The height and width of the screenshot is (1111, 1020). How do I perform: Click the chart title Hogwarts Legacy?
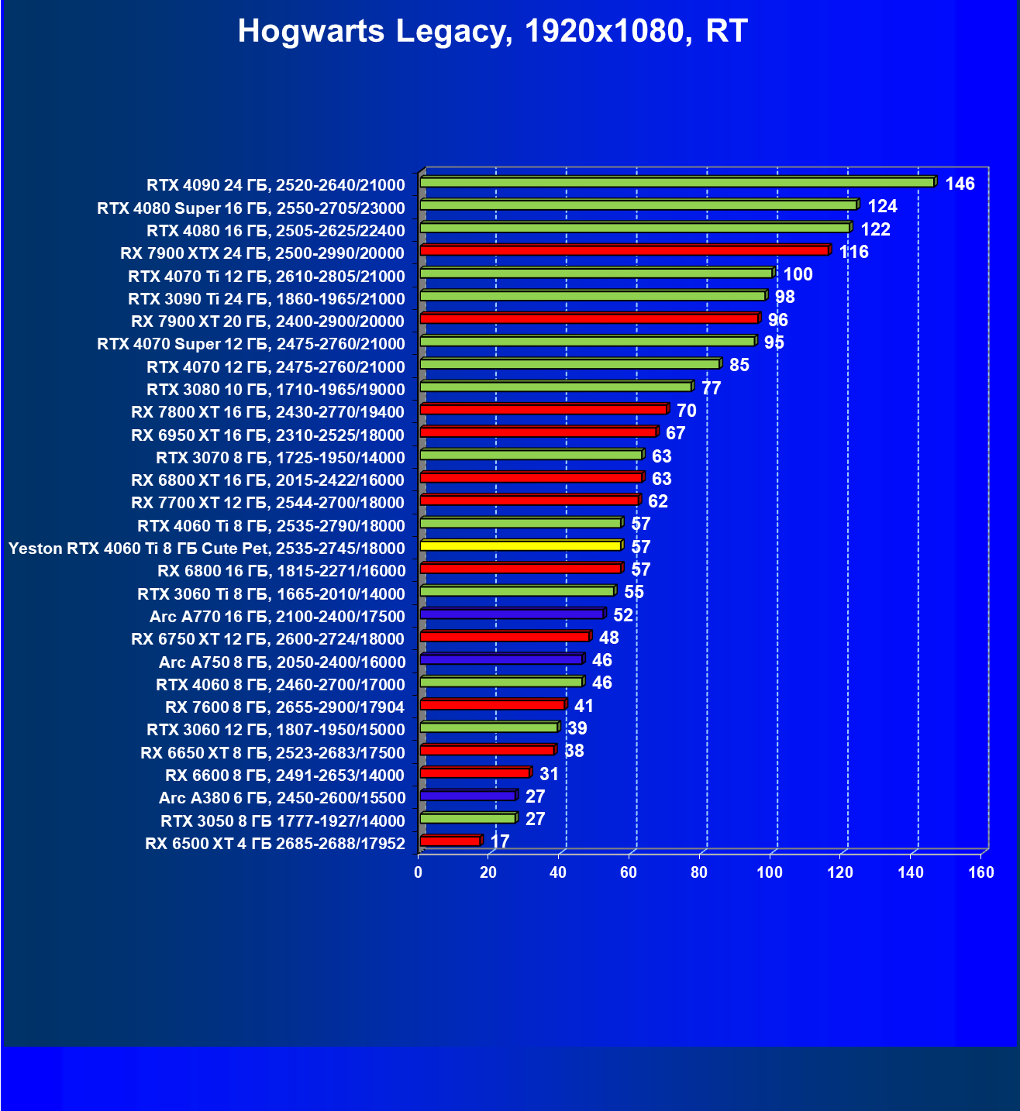492,32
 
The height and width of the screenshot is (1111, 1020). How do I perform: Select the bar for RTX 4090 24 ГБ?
677,182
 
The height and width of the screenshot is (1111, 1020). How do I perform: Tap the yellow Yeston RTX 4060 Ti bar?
520,546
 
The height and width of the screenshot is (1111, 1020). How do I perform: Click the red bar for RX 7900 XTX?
624,250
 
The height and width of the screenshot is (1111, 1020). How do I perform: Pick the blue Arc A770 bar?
512,614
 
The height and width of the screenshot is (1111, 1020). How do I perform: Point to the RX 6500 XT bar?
450,841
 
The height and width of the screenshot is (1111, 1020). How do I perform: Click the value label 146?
960,184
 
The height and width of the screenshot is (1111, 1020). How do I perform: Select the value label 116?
853,253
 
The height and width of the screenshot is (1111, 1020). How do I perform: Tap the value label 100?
798,275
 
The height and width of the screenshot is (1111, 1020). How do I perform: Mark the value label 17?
500,842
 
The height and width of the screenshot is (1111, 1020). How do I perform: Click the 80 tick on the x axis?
699,873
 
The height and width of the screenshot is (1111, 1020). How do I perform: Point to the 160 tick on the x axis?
980,873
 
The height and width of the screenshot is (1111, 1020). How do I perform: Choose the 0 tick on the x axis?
419,873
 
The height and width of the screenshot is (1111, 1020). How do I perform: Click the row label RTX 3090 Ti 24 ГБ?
266,299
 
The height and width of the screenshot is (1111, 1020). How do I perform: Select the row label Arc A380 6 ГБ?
281,798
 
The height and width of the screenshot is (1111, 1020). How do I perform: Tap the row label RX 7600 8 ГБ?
284,707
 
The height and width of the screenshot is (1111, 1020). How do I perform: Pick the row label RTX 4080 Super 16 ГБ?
250,208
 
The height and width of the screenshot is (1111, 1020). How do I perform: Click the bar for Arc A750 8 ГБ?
501,659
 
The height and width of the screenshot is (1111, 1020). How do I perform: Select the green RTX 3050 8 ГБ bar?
467,819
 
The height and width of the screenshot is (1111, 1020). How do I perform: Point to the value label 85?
739,366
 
